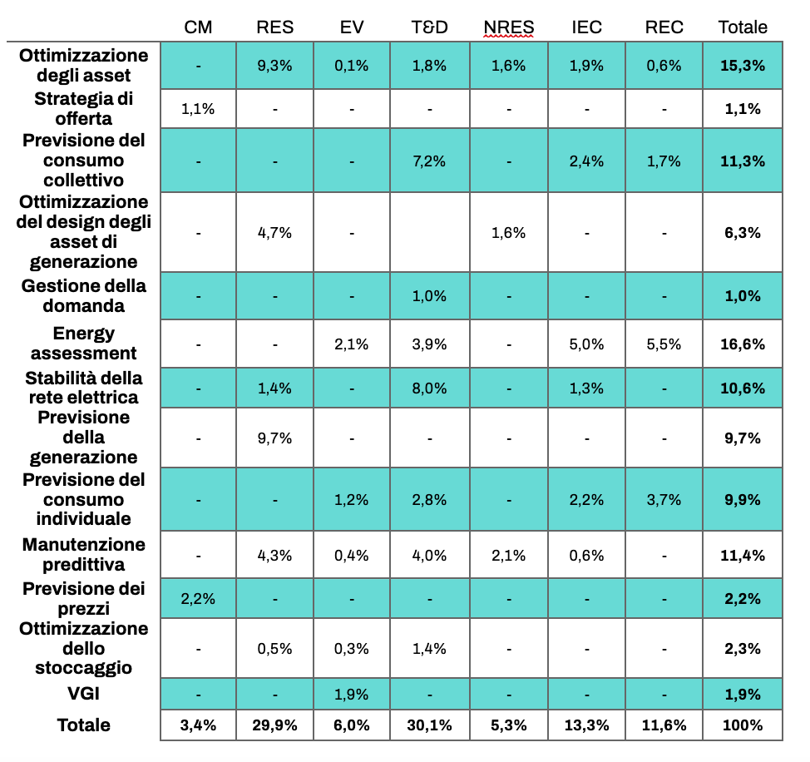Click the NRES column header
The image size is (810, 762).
pos(508,27)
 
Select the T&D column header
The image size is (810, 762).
pos(430,27)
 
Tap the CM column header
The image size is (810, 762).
pos(198,27)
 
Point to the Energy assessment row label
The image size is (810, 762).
pos(83,344)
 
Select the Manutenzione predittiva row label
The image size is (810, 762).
pos(83,555)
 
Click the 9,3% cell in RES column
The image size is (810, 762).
pos(275,66)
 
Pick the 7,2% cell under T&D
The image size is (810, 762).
pos(430,161)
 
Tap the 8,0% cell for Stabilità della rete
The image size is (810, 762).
pos(430,387)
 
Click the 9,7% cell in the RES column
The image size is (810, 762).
pos(275,438)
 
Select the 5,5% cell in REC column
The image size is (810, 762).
pos(664,344)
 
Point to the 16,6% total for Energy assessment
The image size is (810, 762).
pos(743,344)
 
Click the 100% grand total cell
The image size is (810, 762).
pos(743,725)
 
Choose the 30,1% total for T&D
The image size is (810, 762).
pos(430,725)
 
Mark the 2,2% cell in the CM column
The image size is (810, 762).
pos(198,598)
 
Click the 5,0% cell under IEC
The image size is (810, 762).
pos(587,344)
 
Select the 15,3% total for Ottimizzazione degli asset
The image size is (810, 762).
pos(743,66)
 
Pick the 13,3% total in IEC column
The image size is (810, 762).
pos(587,725)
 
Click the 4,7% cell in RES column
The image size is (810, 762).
pos(275,233)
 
